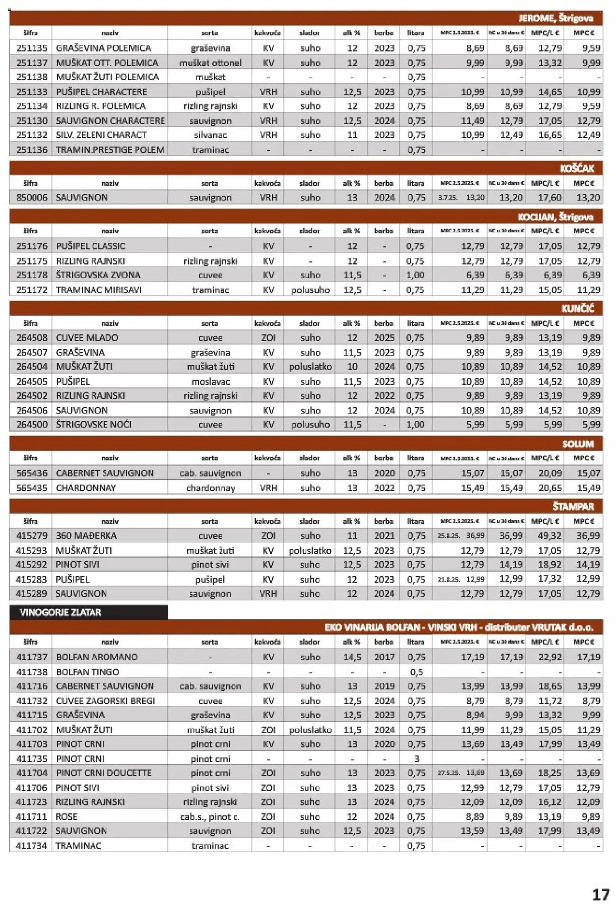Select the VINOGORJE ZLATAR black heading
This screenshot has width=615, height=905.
coord(60,612)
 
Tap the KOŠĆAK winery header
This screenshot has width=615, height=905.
coord(577,169)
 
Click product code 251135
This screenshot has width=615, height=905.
coord(31,48)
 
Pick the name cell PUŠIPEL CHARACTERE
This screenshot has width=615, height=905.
coord(101,92)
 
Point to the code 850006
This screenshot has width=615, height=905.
coord(31,197)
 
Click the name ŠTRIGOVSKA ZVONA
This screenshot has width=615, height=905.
coord(98,275)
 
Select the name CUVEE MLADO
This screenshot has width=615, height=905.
coord(87,337)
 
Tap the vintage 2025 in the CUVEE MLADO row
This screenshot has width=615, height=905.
coord(384,337)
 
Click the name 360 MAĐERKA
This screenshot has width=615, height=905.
coord(86,535)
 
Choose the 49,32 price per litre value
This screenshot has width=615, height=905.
coord(550,535)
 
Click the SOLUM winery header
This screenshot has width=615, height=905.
coord(578,444)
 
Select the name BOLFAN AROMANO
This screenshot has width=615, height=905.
coord(97,657)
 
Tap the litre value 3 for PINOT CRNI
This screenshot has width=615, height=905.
coord(416,758)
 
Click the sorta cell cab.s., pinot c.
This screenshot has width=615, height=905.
coord(210,817)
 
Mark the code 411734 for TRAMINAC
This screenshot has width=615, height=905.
coord(31,846)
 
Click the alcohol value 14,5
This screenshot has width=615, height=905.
coord(352,657)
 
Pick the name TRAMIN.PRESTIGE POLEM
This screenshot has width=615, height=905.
coord(110,150)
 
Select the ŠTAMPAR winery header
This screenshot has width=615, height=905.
coord(573,506)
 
